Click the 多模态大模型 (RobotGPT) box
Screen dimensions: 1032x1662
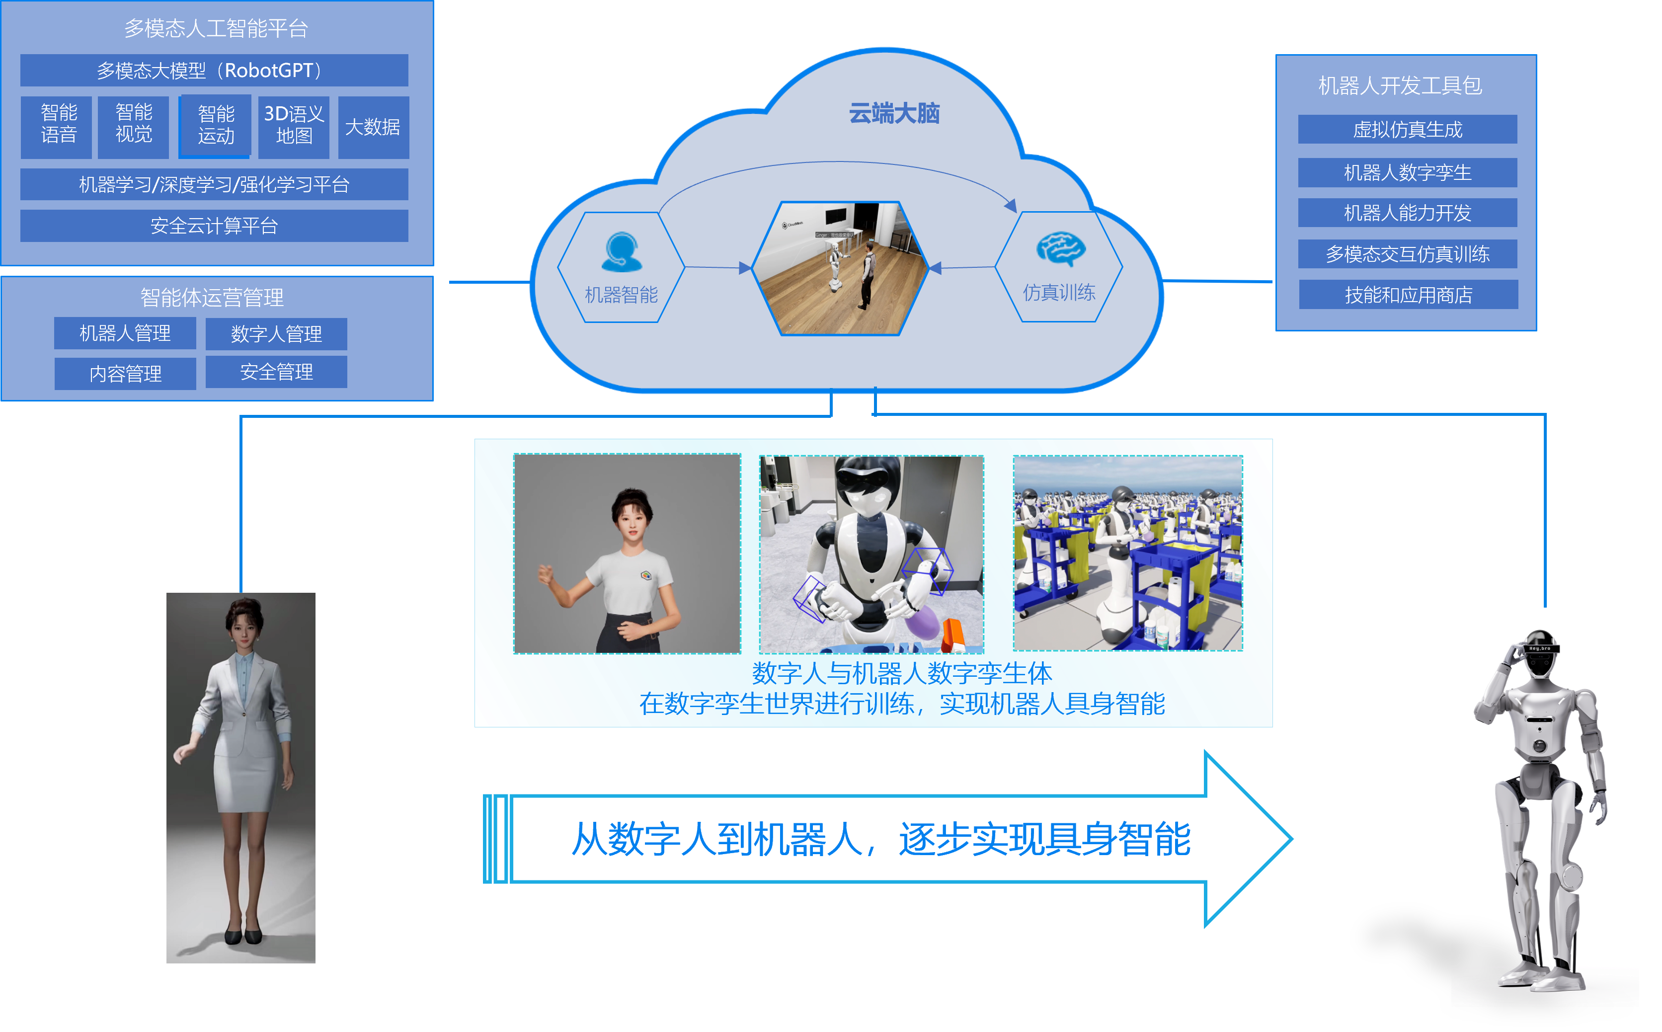pyautogui.click(x=214, y=70)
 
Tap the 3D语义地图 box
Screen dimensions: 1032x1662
pyautogui.click(x=294, y=126)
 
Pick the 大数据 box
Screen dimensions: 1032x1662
pyautogui.click(x=373, y=127)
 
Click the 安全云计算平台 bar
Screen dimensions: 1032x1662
pyautogui.click(x=214, y=226)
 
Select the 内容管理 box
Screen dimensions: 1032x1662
pyautogui.click(x=125, y=373)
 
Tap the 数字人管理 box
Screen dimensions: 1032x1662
pyautogui.click(x=276, y=334)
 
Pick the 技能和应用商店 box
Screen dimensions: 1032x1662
pyautogui.click(x=1408, y=295)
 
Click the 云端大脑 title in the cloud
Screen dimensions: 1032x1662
pyautogui.click(x=894, y=113)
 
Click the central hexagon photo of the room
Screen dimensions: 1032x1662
pyautogui.click(x=840, y=268)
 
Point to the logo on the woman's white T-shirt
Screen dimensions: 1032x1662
pyautogui.click(x=646, y=575)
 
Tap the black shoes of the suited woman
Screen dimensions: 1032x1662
pyautogui.click(x=243, y=935)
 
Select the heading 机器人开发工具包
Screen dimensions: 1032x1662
pyautogui.click(x=1399, y=86)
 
